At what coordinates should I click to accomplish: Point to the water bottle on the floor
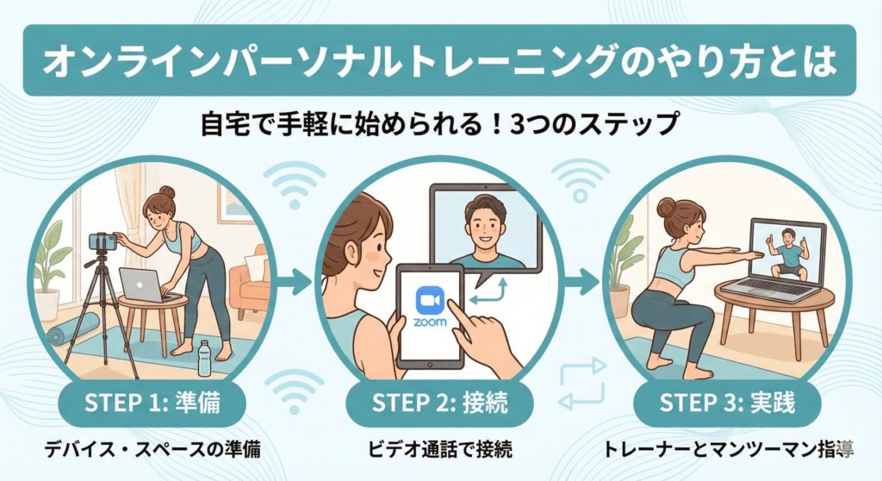pyautogui.click(x=204, y=357)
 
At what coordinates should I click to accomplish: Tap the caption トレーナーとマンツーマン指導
pyautogui.click(x=728, y=450)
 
